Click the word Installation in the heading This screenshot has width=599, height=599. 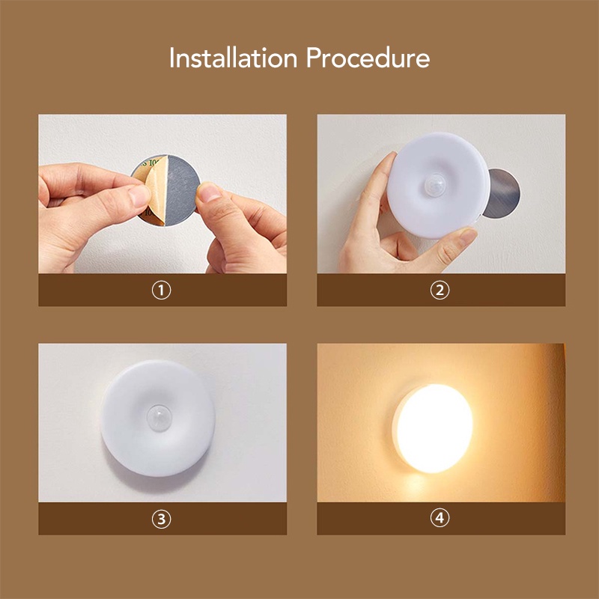click(233, 58)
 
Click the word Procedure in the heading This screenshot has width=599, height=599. click(368, 58)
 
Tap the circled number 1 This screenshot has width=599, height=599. click(162, 291)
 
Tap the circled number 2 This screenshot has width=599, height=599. click(440, 291)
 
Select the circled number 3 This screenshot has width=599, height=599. click(162, 519)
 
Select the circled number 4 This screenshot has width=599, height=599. click(440, 518)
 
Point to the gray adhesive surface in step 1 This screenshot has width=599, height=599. click(182, 190)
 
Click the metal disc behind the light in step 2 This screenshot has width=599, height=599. click(502, 193)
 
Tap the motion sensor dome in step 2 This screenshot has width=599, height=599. click(435, 184)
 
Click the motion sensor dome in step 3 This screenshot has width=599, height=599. click(159, 418)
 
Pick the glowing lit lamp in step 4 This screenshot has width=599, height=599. click(434, 428)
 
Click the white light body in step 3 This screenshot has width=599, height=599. click(158, 419)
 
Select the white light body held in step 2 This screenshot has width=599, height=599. click(438, 186)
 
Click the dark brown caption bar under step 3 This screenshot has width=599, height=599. click(162, 518)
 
